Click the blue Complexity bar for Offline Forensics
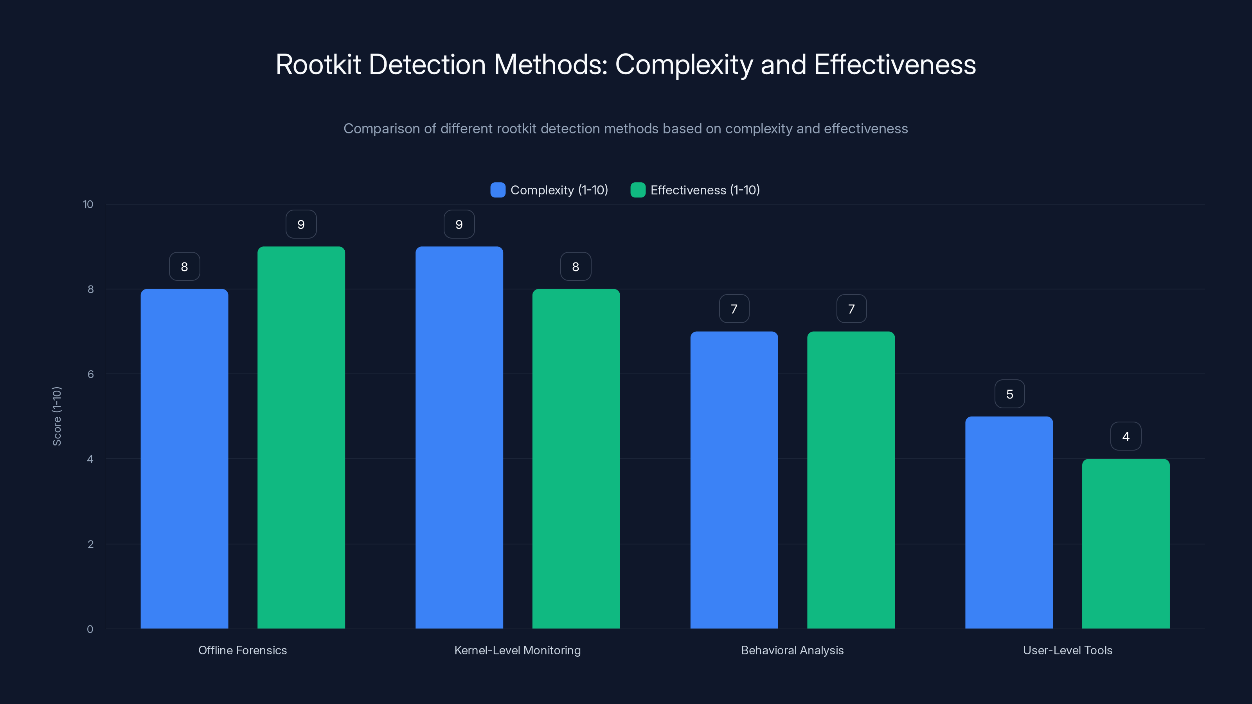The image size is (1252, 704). click(x=184, y=459)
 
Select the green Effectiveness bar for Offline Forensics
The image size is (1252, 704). click(x=301, y=437)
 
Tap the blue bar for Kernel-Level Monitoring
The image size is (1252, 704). click(x=459, y=437)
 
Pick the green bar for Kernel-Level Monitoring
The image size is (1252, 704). click(x=576, y=459)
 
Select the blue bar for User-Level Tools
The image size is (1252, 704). click(x=1009, y=522)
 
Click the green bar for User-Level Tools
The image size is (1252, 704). click(x=1126, y=544)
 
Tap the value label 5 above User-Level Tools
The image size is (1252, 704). click(x=1009, y=394)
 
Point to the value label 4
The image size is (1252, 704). click(x=1126, y=436)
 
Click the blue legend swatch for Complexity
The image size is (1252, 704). click(x=498, y=190)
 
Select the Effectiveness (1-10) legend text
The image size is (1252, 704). click(x=705, y=190)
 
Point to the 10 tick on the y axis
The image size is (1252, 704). click(x=88, y=205)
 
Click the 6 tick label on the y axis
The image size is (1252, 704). click(x=90, y=374)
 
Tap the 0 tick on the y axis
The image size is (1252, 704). click(x=90, y=629)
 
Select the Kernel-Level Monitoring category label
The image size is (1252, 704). click(x=517, y=650)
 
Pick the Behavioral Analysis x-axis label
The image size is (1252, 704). click(x=792, y=650)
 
